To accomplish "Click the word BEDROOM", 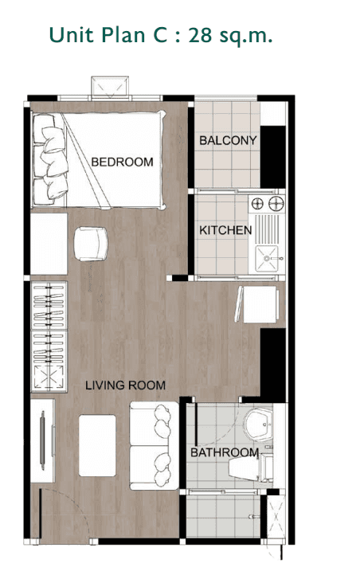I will [x=122, y=162].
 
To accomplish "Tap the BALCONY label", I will [x=228, y=141].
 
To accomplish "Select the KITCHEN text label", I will [x=225, y=230].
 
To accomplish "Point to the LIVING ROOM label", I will [x=126, y=385].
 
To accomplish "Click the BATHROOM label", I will [x=225, y=453].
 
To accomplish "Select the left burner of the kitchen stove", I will [x=257, y=205].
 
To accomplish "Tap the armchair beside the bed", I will [x=90, y=243].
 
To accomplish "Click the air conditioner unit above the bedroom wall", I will [x=109, y=85].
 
